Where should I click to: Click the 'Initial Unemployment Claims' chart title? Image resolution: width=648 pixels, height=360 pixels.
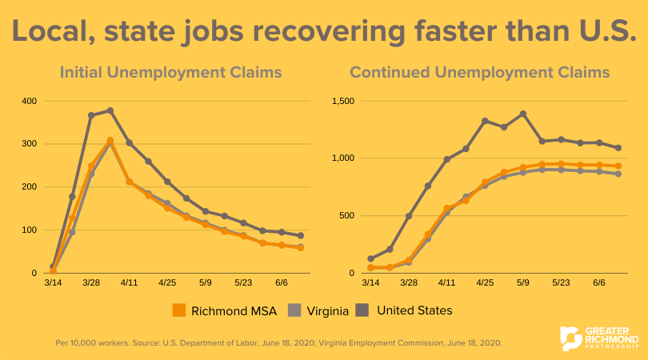click(x=170, y=73)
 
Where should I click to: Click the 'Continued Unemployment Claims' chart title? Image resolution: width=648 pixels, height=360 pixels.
click(x=480, y=73)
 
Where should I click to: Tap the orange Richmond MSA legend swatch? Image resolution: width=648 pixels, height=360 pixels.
click(x=180, y=310)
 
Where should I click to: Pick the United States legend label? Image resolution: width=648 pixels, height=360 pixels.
click(x=414, y=310)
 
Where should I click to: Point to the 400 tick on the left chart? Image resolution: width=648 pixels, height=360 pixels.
click(x=29, y=101)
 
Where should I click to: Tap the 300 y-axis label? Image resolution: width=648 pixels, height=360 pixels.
click(x=29, y=144)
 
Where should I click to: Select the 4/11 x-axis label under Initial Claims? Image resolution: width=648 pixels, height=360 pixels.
click(x=129, y=283)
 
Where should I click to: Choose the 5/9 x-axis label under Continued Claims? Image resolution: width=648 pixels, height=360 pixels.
click(x=522, y=283)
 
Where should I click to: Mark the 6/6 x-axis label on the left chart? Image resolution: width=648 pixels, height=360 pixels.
click(x=282, y=283)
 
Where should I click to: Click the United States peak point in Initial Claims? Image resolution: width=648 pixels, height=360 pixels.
click(x=110, y=110)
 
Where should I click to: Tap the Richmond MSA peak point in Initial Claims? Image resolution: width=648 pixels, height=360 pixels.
click(x=110, y=141)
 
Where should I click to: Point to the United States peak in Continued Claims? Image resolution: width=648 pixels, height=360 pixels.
click(x=522, y=114)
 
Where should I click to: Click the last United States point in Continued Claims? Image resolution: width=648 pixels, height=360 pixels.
click(x=618, y=148)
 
